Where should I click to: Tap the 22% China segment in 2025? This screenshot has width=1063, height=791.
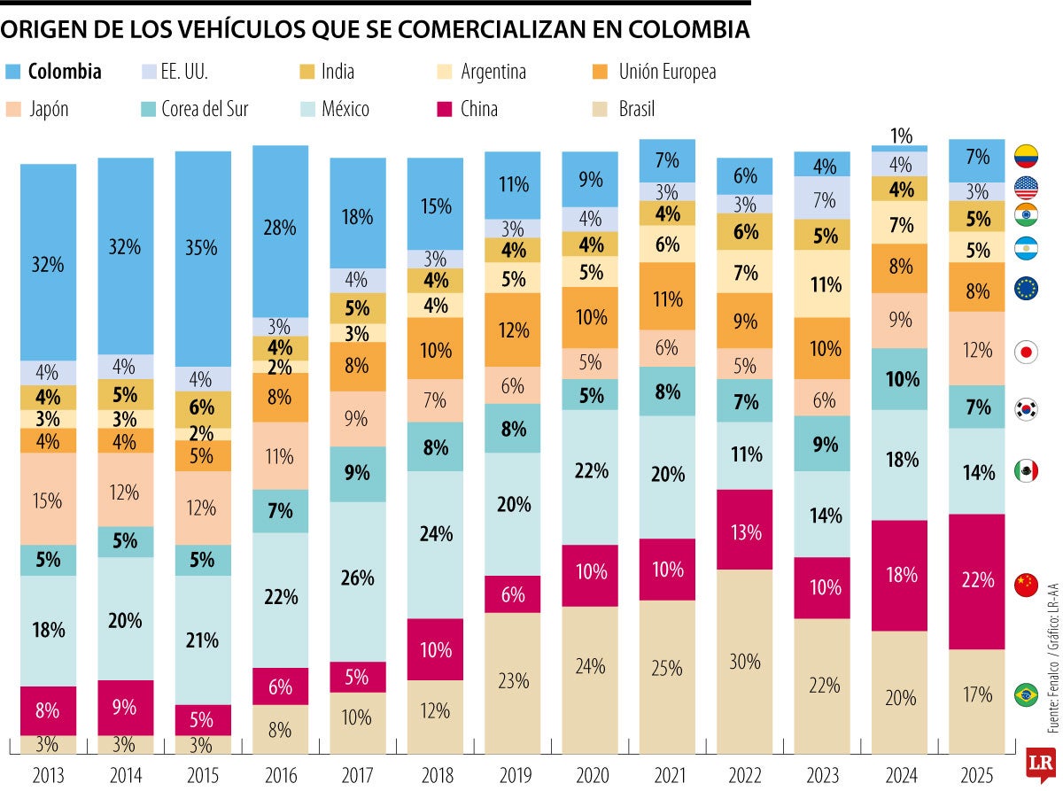(x=976, y=581)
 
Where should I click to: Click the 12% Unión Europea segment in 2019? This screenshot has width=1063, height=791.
(x=512, y=330)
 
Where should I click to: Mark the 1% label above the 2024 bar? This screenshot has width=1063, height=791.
(x=901, y=136)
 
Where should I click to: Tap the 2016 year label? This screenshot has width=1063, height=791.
(x=280, y=775)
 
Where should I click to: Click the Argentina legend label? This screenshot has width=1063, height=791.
(x=493, y=72)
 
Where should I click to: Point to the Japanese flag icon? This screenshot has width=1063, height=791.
(x=1026, y=352)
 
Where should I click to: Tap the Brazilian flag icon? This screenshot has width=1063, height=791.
(x=1026, y=694)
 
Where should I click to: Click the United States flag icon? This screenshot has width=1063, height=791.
(x=1026, y=188)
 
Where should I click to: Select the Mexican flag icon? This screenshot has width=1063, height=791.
(x=1026, y=470)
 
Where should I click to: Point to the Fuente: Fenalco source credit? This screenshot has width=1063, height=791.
(x=1053, y=691)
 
